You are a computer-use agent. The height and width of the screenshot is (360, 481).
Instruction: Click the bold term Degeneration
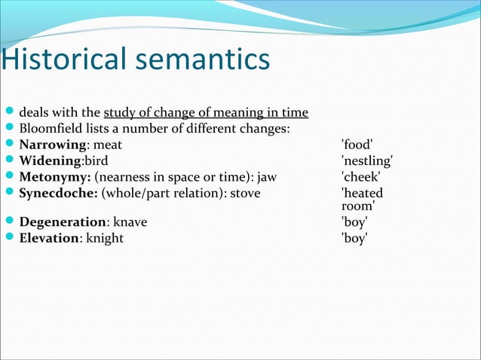click(x=62, y=222)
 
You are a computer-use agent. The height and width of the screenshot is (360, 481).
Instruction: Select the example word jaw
click(x=269, y=177)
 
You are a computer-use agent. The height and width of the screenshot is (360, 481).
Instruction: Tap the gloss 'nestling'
click(x=367, y=161)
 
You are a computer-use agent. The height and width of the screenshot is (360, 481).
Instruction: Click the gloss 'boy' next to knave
click(x=354, y=222)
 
